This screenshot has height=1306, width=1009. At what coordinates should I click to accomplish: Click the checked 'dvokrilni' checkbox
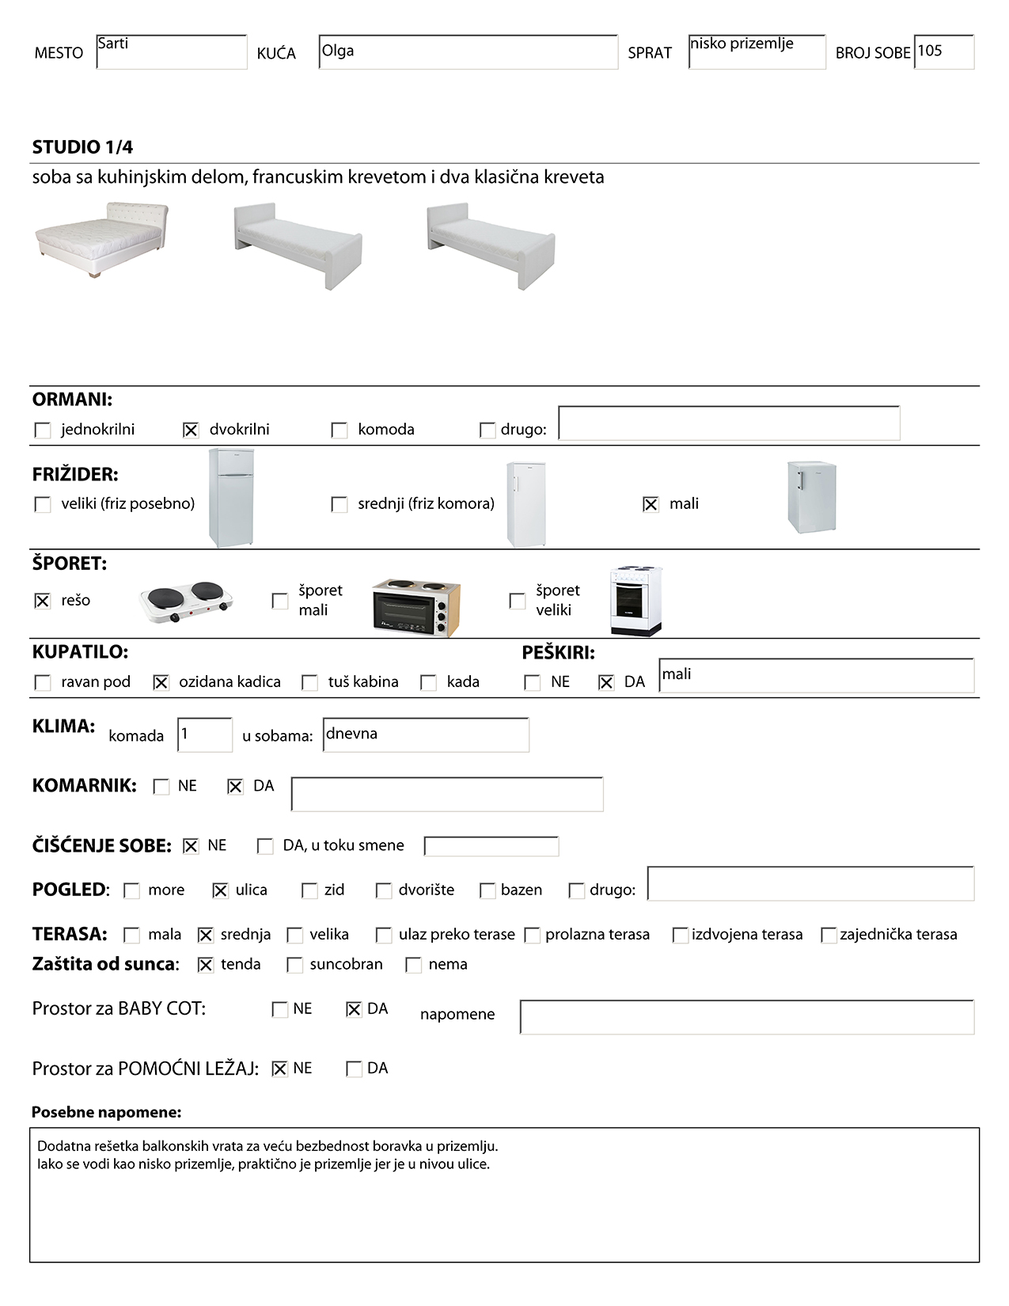[191, 430]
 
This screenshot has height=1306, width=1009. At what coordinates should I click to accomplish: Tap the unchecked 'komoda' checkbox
[339, 430]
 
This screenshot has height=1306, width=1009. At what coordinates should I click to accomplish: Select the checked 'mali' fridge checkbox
[651, 504]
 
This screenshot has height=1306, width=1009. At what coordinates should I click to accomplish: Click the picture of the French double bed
[101, 238]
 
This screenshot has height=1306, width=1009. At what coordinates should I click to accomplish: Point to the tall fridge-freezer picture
[231, 497]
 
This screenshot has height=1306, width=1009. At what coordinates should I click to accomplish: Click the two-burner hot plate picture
[187, 602]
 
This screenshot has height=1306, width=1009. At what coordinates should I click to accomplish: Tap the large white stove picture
[635, 601]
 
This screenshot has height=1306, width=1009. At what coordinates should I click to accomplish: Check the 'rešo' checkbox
[43, 601]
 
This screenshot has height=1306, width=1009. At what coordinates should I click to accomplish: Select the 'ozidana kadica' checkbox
[161, 682]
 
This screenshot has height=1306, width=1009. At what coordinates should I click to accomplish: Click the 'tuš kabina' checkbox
[310, 682]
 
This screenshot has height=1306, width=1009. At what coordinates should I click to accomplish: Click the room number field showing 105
[943, 52]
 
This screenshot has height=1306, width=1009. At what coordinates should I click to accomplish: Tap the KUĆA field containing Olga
[468, 52]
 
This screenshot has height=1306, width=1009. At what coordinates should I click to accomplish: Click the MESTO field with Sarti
[171, 52]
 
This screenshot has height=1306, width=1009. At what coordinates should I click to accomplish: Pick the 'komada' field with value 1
[205, 735]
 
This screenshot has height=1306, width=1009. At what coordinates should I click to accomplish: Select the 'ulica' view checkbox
[220, 890]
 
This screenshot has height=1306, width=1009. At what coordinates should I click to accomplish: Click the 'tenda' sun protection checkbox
[206, 965]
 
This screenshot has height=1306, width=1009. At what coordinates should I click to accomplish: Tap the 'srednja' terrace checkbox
[206, 935]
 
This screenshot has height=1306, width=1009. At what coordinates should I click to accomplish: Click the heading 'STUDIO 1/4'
[82, 147]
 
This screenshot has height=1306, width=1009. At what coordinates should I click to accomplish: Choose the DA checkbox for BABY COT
[354, 1009]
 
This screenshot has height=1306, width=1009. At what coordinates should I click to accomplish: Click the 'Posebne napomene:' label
[106, 1112]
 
